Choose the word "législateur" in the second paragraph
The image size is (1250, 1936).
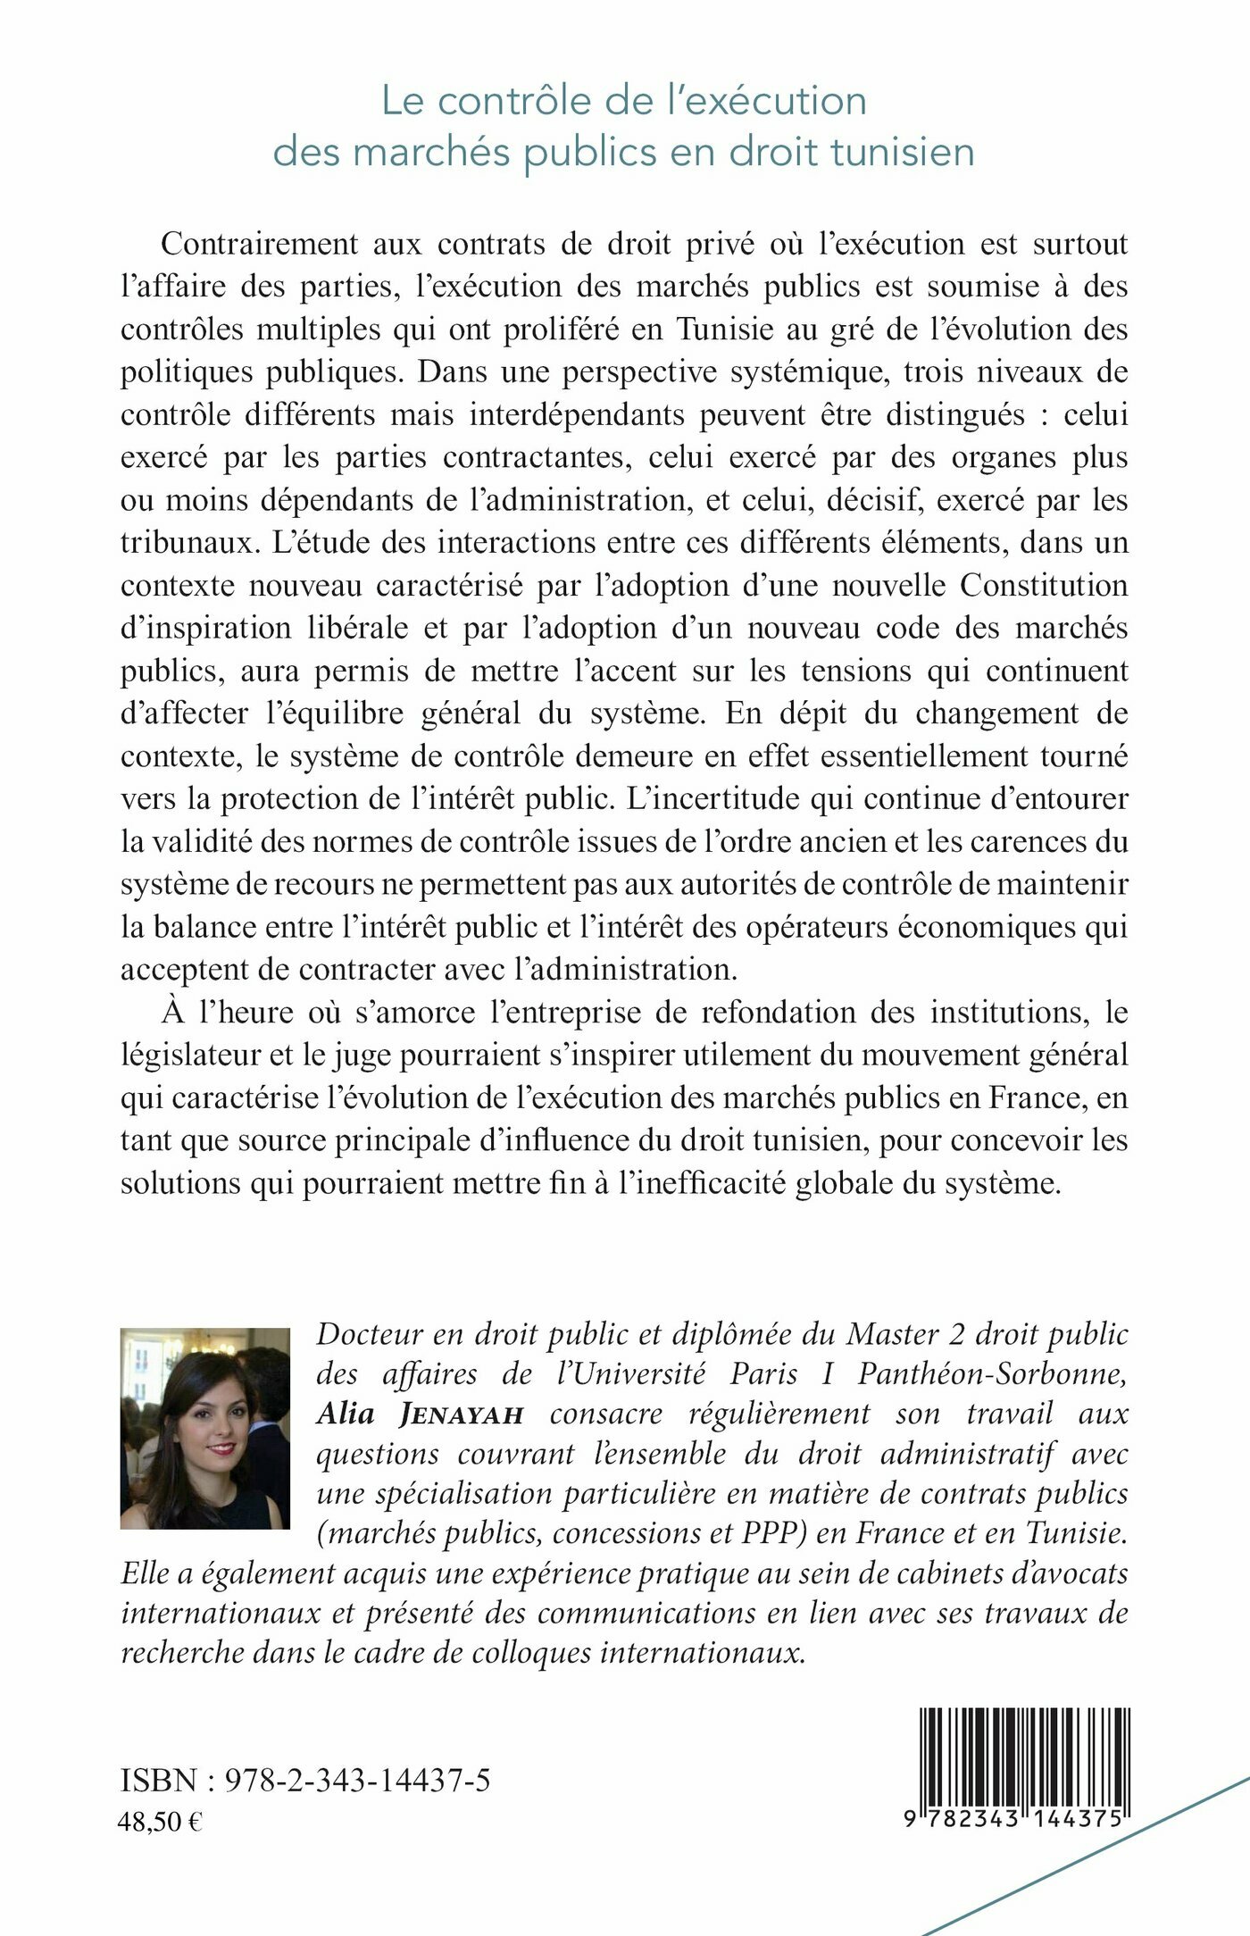[188, 1056]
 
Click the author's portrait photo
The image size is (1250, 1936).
[205, 1428]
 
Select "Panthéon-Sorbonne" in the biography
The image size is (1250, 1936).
[992, 1374]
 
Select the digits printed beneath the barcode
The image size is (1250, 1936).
[1013, 1818]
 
